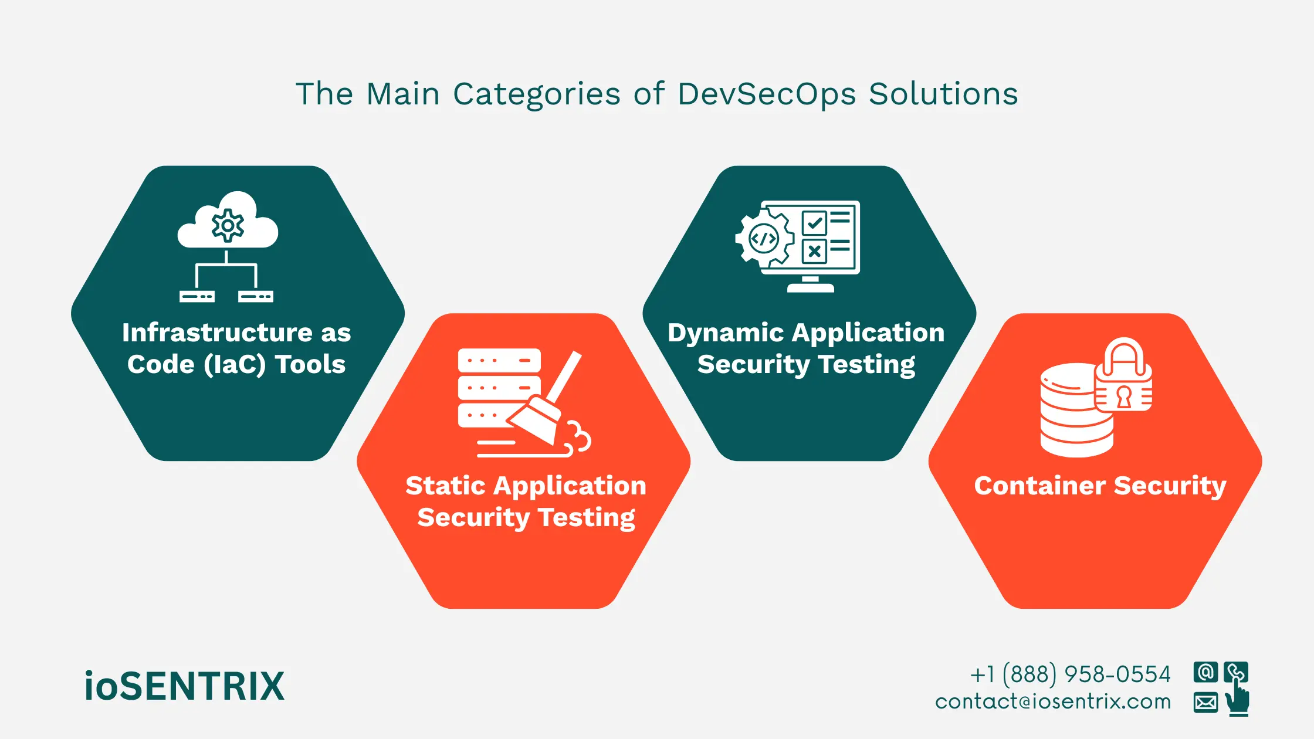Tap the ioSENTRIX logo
click(x=184, y=686)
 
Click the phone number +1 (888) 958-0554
click(x=1071, y=674)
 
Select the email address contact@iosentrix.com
click(x=1053, y=701)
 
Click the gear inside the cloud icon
click(x=228, y=225)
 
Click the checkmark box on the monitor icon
click(x=814, y=223)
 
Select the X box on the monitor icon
click(x=814, y=252)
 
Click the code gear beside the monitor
click(x=764, y=239)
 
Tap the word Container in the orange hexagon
click(x=1039, y=486)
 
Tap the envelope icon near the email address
click(x=1205, y=702)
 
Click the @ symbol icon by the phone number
click(x=1205, y=672)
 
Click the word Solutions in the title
click(x=943, y=94)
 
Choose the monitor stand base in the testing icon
click(x=811, y=287)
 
